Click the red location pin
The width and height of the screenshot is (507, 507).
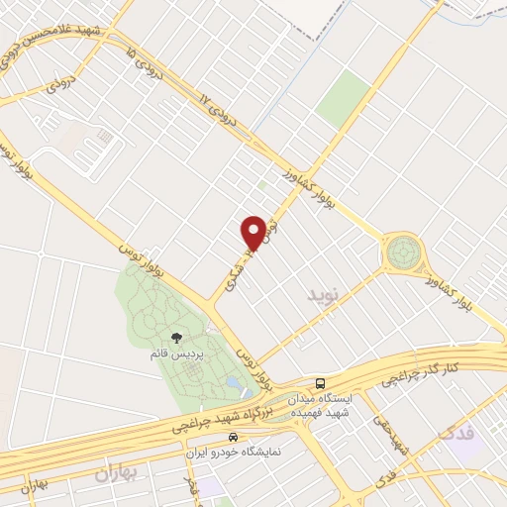[253, 233]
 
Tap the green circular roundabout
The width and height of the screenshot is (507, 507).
[403, 253]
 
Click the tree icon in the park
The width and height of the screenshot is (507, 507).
[176, 339]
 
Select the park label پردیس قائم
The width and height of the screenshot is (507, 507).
[176, 354]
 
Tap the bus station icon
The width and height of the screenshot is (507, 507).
[320, 382]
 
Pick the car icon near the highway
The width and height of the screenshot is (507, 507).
[232, 437]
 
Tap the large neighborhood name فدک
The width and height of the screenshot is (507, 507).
[458, 433]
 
